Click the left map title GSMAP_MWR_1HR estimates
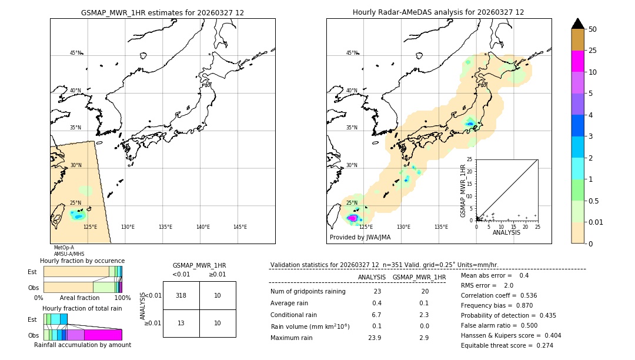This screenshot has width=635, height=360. click(x=162, y=12)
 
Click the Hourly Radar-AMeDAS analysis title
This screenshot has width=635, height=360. click(x=438, y=12)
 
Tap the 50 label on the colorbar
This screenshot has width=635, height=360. click(x=593, y=29)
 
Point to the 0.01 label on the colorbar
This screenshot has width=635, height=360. click(x=596, y=222)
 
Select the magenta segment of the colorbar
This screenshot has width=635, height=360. click(x=577, y=61)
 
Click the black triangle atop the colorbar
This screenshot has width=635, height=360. click(x=577, y=24)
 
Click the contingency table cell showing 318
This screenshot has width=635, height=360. click(x=181, y=295)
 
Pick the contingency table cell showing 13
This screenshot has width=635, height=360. click(x=181, y=323)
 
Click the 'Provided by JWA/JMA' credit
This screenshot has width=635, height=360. click(x=360, y=238)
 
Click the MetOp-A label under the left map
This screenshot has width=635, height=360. click(x=64, y=248)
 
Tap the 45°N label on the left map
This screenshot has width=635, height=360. click(x=76, y=53)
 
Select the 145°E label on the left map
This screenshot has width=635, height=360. click(x=240, y=227)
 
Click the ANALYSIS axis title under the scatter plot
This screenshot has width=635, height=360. click(x=506, y=232)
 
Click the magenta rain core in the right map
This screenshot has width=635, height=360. click(x=353, y=218)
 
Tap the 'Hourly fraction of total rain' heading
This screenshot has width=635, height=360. click(x=82, y=308)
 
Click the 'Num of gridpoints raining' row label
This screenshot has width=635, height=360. click(x=308, y=292)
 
